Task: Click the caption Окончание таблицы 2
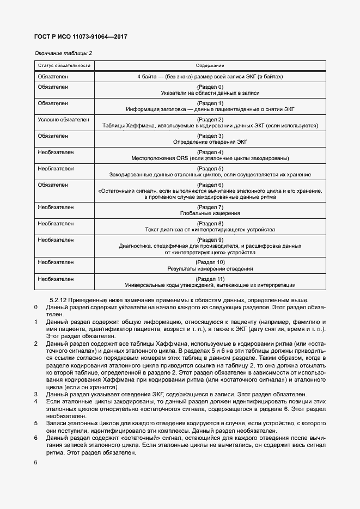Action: pos(63,53)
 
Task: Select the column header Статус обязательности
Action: pos(64,65)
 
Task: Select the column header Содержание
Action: pos(210,65)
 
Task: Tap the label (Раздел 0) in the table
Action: pos(210,87)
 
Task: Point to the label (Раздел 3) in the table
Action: pos(210,136)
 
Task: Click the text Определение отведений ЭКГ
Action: pos(210,142)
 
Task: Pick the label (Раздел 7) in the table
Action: pos(210,207)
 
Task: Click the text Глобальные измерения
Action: pos(210,214)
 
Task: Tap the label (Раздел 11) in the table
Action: pos(210,279)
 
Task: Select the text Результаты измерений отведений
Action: pos(210,269)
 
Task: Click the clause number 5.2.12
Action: pos(59,301)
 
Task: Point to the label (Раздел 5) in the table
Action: pos(210,168)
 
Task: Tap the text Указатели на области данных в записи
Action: pos(210,94)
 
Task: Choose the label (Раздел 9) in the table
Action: pos(210,240)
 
